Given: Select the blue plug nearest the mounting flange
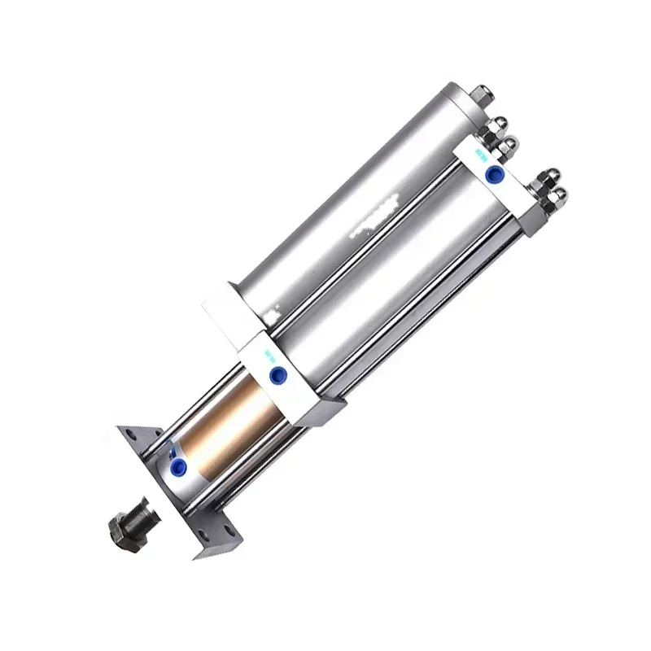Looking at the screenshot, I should [x=177, y=465].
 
